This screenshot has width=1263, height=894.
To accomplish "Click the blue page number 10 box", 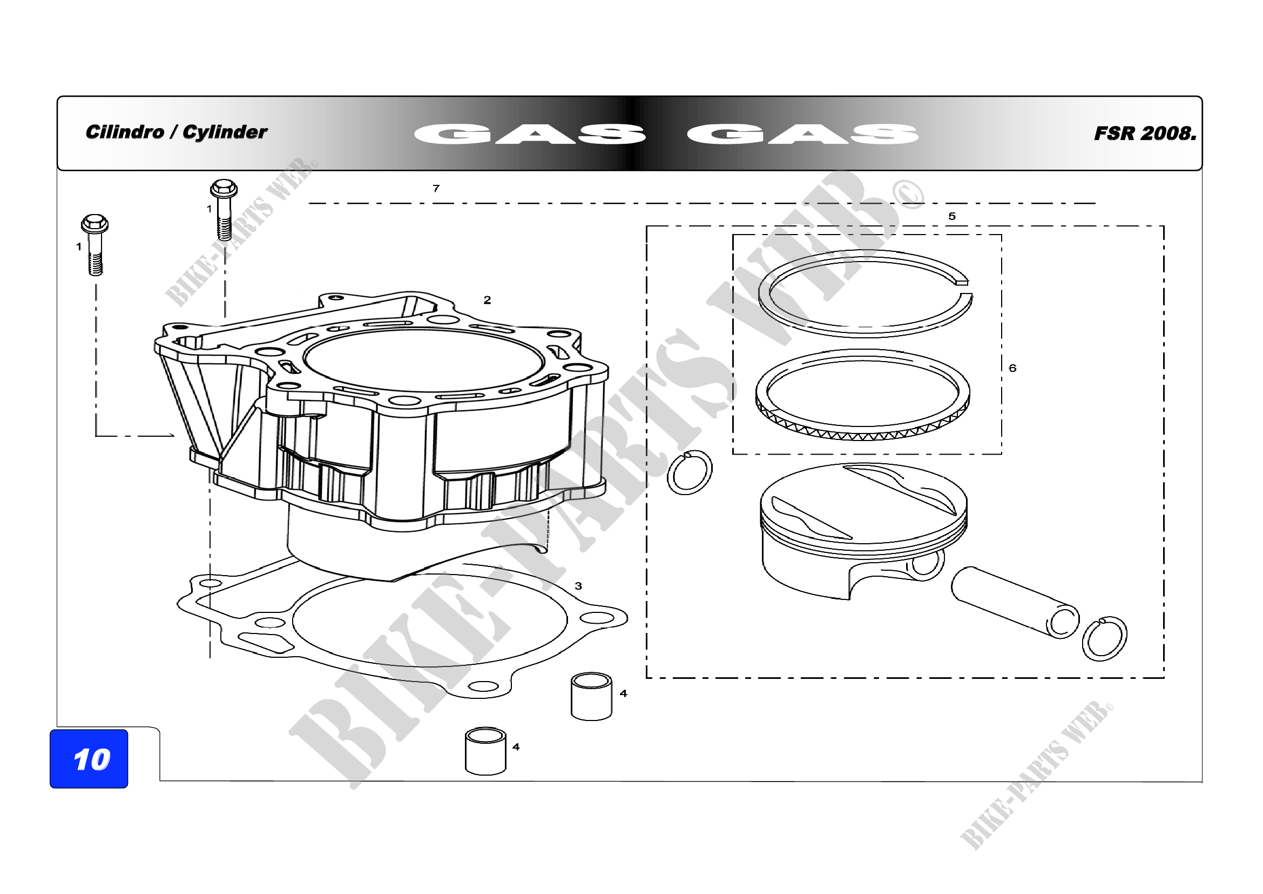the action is [89, 758].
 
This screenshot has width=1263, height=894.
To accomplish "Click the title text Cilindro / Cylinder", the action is [176, 132].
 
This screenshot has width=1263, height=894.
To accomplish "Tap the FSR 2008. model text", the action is [1145, 133].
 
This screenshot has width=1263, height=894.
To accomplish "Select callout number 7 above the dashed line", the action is [436, 188].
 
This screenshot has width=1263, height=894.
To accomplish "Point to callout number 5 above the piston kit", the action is [952, 216].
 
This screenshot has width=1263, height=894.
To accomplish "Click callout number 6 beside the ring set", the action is [1012, 368].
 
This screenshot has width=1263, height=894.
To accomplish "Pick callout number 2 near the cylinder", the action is [487, 300].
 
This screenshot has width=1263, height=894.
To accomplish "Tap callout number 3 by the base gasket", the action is [578, 586].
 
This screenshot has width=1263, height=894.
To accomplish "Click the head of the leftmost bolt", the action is [94, 224].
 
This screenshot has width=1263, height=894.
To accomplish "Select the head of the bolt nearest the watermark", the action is [224, 189].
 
